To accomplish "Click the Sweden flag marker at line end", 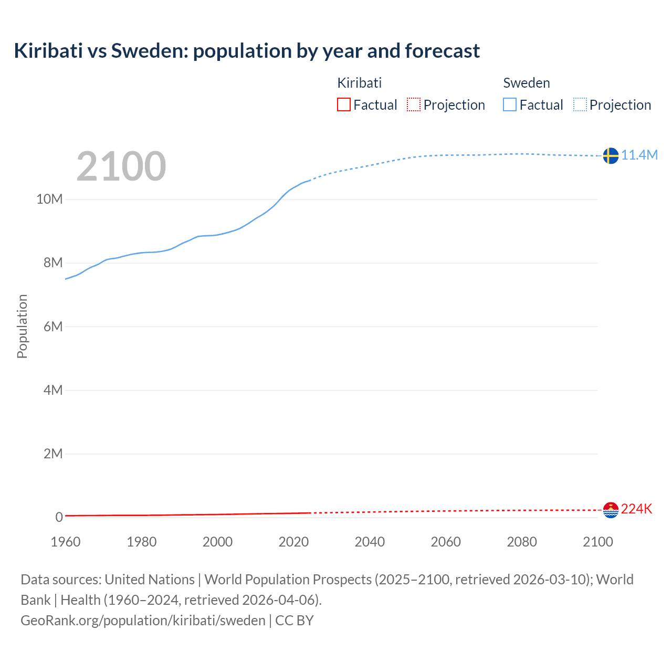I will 611,155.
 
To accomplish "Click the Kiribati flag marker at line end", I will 611,509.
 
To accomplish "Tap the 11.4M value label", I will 639,155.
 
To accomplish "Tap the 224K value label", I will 636,509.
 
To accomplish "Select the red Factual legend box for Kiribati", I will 343,105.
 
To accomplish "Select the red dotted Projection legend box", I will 414,105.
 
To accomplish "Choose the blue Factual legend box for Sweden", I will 510,105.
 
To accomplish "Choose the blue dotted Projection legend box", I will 580,105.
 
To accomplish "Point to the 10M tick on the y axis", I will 49,199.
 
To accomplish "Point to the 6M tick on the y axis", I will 53,327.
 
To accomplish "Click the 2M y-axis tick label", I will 53,454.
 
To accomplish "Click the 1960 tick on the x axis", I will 66,542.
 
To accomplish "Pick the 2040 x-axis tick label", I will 370,542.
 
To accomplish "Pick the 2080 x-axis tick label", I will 522,542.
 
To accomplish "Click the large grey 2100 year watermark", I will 121,166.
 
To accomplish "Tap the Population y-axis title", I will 22,326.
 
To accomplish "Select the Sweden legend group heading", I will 527,83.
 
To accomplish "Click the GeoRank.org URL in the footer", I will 143,621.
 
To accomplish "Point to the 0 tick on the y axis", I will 59,517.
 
